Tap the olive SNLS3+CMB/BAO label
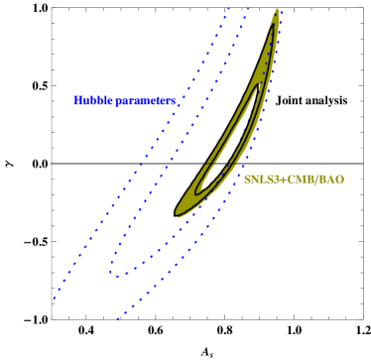[x=294, y=180]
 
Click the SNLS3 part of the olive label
[x=261, y=180]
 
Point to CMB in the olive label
[x=299, y=180]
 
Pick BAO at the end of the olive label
[x=331, y=180]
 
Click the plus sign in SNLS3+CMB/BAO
[x=281, y=180]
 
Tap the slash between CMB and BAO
[x=316, y=180]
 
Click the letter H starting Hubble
[x=77, y=100]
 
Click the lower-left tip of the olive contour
[x=179, y=211]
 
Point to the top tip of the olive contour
[x=277, y=11]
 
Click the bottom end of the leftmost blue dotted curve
[x=54, y=298]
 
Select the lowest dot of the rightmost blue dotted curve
[x=118, y=318]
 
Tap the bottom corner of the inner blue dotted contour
[x=114, y=274]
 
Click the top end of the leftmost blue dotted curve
[x=229, y=8]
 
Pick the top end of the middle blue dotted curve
[x=246, y=8]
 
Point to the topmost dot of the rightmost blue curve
[x=281, y=10]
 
